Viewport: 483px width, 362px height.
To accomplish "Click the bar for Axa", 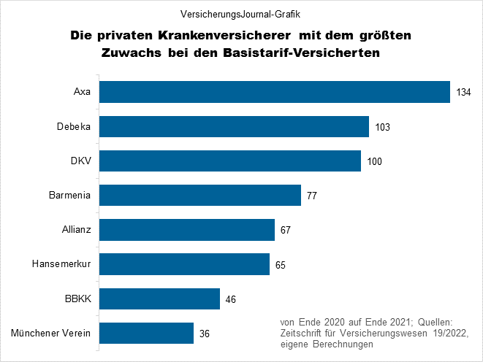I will (x=274, y=92).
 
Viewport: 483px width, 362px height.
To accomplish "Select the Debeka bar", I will (x=234, y=126).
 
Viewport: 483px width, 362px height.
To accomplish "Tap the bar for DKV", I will (x=230, y=161).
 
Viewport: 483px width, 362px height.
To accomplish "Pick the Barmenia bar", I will (x=200, y=195).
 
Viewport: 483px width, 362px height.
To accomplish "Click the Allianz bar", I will (x=187, y=230).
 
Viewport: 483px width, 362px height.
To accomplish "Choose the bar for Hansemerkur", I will (x=185, y=264).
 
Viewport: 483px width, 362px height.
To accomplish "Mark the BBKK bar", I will (x=159, y=299).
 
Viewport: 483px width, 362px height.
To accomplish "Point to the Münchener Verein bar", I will (x=146, y=334).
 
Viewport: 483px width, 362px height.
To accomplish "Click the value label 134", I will (x=463, y=93).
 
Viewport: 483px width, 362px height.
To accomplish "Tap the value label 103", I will (x=382, y=127).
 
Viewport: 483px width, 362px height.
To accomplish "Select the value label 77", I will (x=312, y=196).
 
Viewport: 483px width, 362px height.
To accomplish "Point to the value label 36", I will (x=205, y=334).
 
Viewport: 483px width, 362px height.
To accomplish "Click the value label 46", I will (x=231, y=299).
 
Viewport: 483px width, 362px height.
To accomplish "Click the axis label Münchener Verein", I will (x=51, y=334).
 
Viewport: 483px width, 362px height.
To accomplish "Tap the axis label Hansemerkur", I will (x=61, y=264).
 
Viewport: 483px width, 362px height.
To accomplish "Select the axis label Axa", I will (x=82, y=92).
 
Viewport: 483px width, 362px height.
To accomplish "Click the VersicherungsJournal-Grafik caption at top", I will (x=241, y=13).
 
